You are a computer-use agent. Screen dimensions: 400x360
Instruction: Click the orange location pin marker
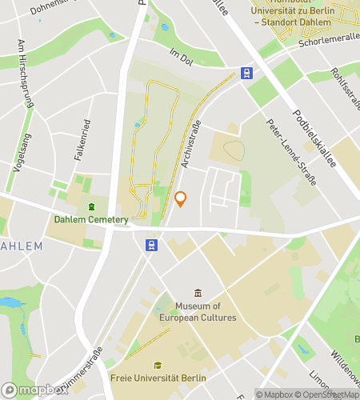181,199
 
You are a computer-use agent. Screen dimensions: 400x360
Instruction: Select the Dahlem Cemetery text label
90,220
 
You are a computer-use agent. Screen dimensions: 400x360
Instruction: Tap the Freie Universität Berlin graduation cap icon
158,365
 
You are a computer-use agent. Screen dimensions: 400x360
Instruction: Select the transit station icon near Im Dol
246,74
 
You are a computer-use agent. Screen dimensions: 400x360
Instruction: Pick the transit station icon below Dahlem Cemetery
150,245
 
